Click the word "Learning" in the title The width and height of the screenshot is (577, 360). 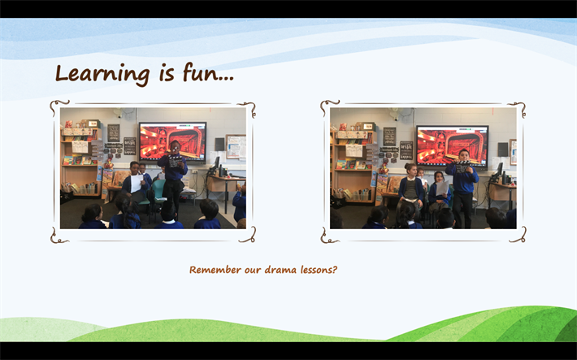[102, 74]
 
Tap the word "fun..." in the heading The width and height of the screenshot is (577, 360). [208, 72]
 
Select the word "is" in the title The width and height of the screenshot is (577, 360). [167, 73]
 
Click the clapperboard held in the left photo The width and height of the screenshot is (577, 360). [175, 161]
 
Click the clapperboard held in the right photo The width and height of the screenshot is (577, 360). [462, 166]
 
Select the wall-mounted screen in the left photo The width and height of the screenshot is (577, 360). [172, 142]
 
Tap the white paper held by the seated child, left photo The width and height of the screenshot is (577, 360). [137, 184]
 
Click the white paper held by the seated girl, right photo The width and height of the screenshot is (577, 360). [442, 188]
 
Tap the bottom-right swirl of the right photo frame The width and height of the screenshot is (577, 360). [518, 236]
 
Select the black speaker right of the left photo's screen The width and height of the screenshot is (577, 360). [219, 144]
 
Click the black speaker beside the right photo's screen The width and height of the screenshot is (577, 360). [503, 149]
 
